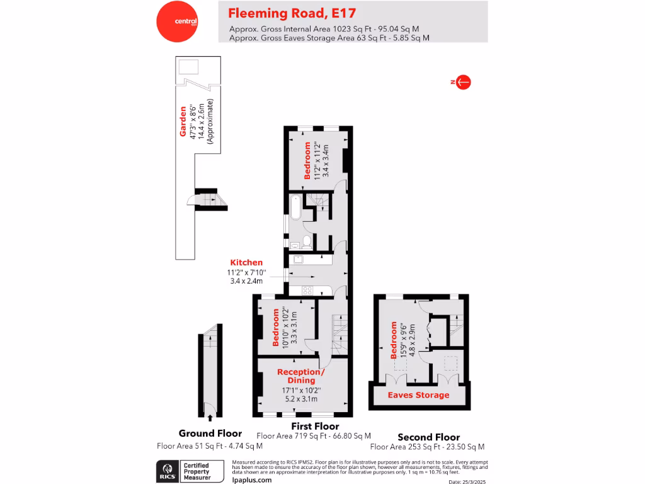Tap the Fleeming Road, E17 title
tap(291, 13)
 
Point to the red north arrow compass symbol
tap(464, 82)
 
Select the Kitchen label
tap(246, 262)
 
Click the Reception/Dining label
tap(301, 376)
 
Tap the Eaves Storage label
tap(418, 395)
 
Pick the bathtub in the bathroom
tap(296, 208)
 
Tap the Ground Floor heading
tap(210, 434)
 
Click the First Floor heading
tap(313, 427)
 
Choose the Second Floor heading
tap(428, 437)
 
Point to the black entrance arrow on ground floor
tap(210, 416)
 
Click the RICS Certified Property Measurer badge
tap(191, 470)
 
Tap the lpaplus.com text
tap(252, 480)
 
